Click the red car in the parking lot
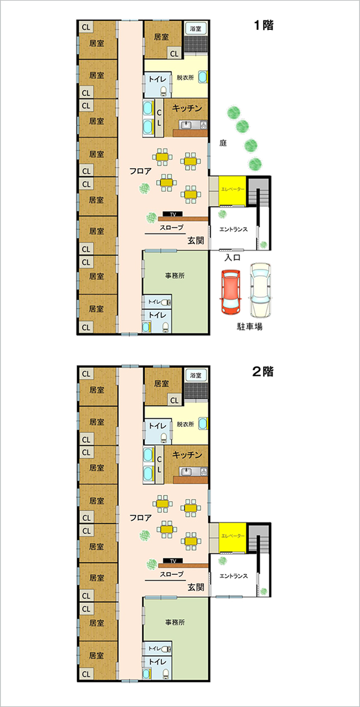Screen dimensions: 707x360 (x=231, y=292)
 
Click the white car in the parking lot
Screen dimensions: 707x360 (x=261, y=291)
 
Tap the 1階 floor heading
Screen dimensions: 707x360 (x=262, y=26)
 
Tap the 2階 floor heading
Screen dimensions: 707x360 (x=262, y=372)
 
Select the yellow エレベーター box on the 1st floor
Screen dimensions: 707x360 (x=232, y=190)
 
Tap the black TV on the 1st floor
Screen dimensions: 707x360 (x=173, y=214)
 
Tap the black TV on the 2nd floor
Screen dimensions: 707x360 (x=173, y=561)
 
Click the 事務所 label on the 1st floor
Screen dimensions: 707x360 (x=175, y=276)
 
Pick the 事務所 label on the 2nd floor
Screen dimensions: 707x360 (x=175, y=622)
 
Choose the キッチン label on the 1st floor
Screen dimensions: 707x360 (x=187, y=108)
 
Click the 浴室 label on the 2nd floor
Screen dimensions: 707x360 (x=196, y=375)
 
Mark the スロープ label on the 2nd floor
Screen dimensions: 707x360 (x=172, y=574)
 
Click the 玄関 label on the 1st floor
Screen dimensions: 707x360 (x=196, y=241)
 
